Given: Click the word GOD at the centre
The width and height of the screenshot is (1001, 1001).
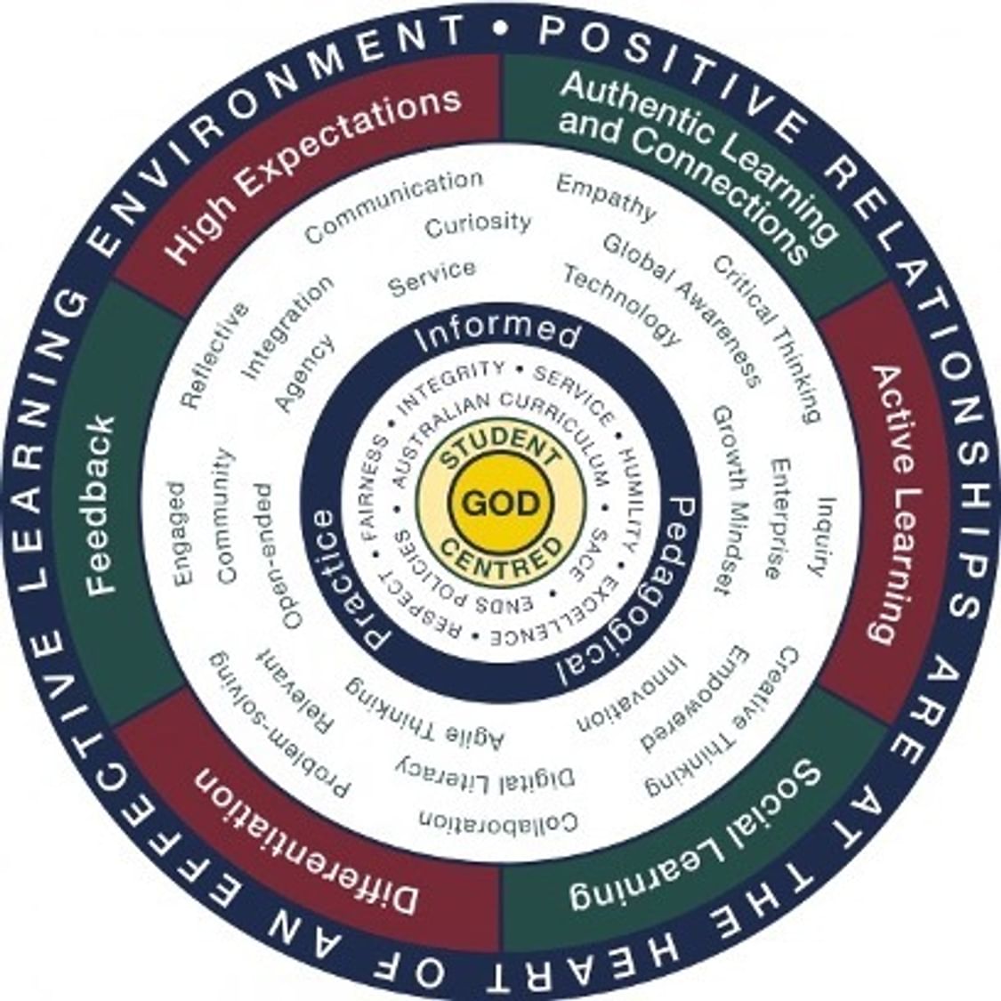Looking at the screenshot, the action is [x=500, y=504].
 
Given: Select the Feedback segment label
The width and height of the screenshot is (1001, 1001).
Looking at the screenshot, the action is [x=101, y=505].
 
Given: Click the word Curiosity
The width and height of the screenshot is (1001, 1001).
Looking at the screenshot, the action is [x=478, y=225].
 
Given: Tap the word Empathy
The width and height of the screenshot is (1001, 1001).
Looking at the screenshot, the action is [x=606, y=198].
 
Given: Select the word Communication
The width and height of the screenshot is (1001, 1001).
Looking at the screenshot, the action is [x=394, y=206].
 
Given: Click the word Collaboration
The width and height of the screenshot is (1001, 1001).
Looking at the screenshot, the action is [x=499, y=820].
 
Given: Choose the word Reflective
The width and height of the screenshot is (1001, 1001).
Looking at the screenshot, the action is [x=214, y=355].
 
